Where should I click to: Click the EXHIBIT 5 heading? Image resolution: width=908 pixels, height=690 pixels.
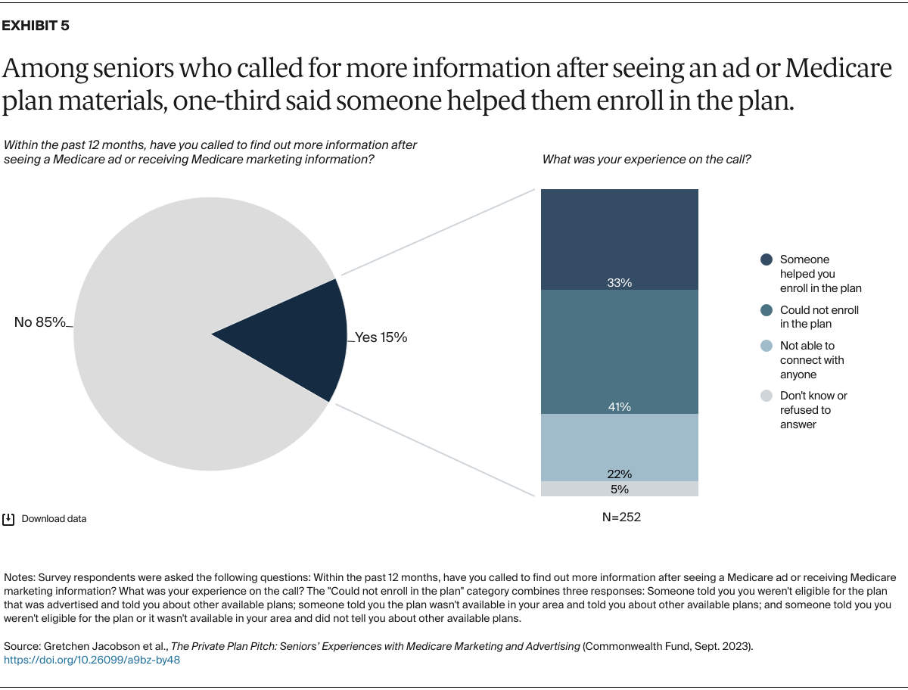[36, 26]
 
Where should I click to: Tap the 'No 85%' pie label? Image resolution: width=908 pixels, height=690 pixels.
[40, 322]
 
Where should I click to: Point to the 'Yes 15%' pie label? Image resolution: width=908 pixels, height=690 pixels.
[381, 337]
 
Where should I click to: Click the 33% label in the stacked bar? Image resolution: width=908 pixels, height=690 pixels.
[619, 283]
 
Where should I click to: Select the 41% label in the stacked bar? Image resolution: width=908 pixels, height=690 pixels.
[619, 407]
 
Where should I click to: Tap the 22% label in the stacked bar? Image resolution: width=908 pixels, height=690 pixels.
[619, 474]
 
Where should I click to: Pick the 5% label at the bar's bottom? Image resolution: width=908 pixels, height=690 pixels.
[619, 489]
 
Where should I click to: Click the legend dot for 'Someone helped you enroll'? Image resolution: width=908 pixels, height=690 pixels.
[766, 260]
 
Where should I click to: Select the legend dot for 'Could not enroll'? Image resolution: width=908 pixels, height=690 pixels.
[766, 310]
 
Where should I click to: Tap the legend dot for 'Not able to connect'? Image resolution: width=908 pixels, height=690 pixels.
[766, 346]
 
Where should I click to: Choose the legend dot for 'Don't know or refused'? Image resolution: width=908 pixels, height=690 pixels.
[766, 396]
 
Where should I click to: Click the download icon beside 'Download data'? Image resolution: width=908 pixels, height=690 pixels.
[9, 519]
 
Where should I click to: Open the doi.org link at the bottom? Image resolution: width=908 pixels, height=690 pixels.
[92, 660]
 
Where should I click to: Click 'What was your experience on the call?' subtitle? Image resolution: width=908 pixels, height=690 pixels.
[646, 160]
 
